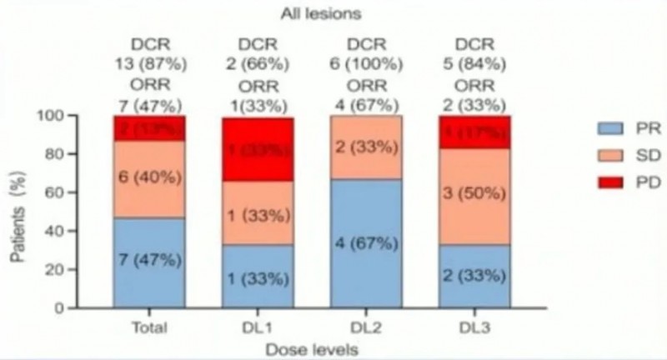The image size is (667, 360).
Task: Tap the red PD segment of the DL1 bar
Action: [x=258, y=149]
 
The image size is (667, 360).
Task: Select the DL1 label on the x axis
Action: [x=258, y=327]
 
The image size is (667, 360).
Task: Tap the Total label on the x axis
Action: [x=148, y=327]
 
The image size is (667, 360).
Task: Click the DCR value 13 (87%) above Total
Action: [x=148, y=60]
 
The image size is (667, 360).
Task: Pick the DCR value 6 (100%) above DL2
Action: [x=367, y=60]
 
